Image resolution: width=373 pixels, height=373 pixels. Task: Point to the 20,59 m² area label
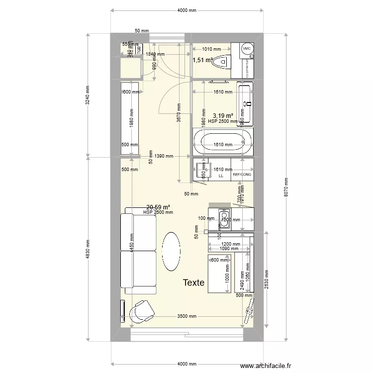tap(158, 207)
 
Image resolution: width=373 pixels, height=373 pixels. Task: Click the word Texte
tap(193, 283)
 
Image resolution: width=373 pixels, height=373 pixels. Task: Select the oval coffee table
tap(171, 251)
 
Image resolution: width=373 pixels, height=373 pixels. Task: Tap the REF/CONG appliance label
tap(242, 175)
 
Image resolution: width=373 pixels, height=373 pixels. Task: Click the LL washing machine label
tap(221, 176)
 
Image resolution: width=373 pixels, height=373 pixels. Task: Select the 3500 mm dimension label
tap(187, 316)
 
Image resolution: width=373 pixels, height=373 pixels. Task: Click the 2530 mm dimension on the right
tap(267, 279)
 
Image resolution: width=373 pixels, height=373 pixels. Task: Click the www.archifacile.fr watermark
tap(265, 366)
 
